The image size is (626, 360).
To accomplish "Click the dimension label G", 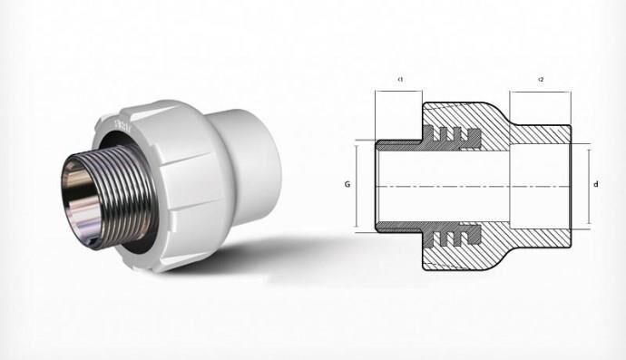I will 347,184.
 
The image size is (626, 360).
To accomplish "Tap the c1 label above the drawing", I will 400,80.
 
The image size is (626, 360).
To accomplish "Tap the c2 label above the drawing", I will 541,80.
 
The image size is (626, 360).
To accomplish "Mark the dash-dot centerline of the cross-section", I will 472,186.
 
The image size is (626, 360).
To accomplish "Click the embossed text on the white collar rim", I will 125,121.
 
